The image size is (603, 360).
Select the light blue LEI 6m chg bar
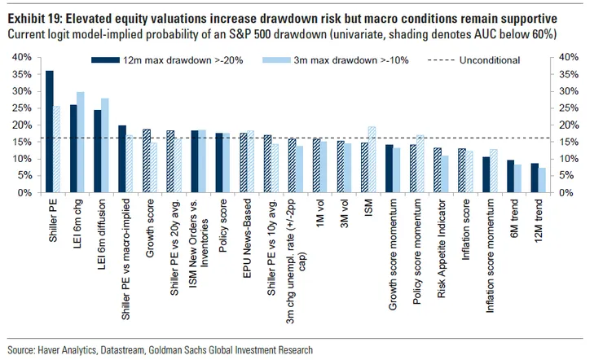point(81,143)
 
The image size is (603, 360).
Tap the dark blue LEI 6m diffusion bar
point(98,151)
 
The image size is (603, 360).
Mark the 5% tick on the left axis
point(24,176)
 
